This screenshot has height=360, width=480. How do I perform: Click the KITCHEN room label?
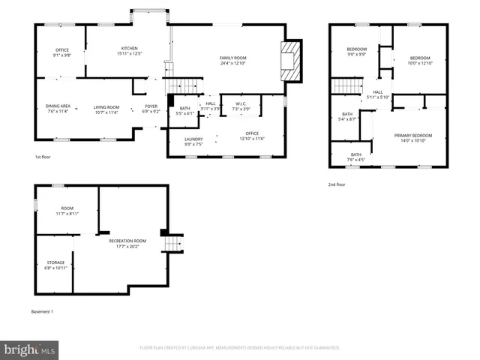tap(129, 47)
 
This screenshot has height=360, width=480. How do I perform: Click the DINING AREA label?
tap(59, 106)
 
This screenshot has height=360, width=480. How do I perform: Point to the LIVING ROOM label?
tap(106, 106)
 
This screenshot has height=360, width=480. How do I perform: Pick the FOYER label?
tap(151, 106)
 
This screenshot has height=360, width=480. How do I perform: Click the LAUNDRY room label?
tap(193, 139)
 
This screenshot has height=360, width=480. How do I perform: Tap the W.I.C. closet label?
tap(241, 103)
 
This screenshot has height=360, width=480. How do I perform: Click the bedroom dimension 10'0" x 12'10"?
tap(420, 63)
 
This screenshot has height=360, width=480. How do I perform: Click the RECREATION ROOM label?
tap(124, 241)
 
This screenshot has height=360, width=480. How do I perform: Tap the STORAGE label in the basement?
tap(55, 262)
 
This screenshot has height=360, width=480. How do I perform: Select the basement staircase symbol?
tap(173, 244)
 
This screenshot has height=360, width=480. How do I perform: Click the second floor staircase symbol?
tap(348, 85)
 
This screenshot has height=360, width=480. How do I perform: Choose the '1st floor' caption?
tap(43, 157)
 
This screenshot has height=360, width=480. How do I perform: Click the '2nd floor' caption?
tap(337, 184)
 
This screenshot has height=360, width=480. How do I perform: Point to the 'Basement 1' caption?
tap(42, 311)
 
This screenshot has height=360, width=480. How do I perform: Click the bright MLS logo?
tap(30, 349)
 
